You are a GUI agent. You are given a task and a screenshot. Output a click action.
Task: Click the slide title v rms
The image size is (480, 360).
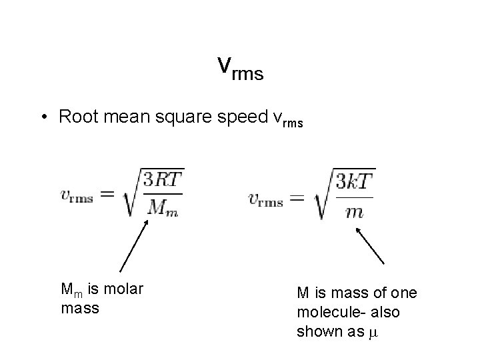tap(240, 68)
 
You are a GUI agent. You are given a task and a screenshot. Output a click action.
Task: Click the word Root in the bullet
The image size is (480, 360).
tap(76, 117)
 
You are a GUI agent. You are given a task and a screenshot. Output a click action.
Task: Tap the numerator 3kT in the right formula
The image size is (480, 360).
tap(355, 181)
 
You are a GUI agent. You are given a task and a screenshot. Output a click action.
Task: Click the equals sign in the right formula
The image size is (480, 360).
tap(298, 198)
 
